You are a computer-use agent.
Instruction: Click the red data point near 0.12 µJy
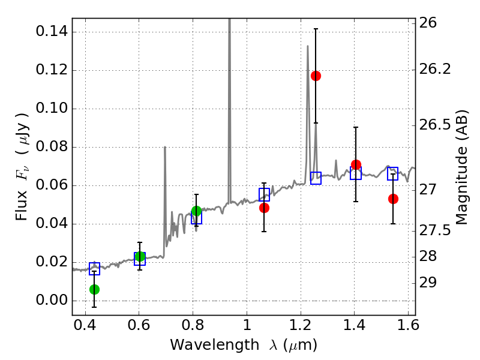click(x=316, y=76)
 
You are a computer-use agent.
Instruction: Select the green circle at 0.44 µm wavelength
click(x=95, y=289)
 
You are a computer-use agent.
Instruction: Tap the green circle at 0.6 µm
click(x=140, y=256)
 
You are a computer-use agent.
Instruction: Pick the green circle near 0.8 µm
click(x=197, y=211)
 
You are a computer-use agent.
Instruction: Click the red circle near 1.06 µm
click(x=264, y=208)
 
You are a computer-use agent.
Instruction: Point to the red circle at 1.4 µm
click(x=356, y=164)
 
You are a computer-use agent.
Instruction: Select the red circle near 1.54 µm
click(x=393, y=199)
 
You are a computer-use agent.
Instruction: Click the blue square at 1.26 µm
click(x=316, y=178)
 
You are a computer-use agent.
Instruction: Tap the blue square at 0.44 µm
click(x=94, y=269)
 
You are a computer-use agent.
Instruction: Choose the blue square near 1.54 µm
click(x=392, y=173)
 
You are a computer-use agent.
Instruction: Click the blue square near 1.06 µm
click(x=264, y=194)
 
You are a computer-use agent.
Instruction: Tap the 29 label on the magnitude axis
click(x=428, y=283)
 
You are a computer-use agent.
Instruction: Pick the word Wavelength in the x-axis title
click(x=215, y=345)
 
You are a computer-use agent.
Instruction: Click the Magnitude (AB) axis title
click(x=462, y=167)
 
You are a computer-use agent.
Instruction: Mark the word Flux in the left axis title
click(x=22, y=205)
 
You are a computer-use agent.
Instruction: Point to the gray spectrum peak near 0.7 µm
click(x=165, y=147)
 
